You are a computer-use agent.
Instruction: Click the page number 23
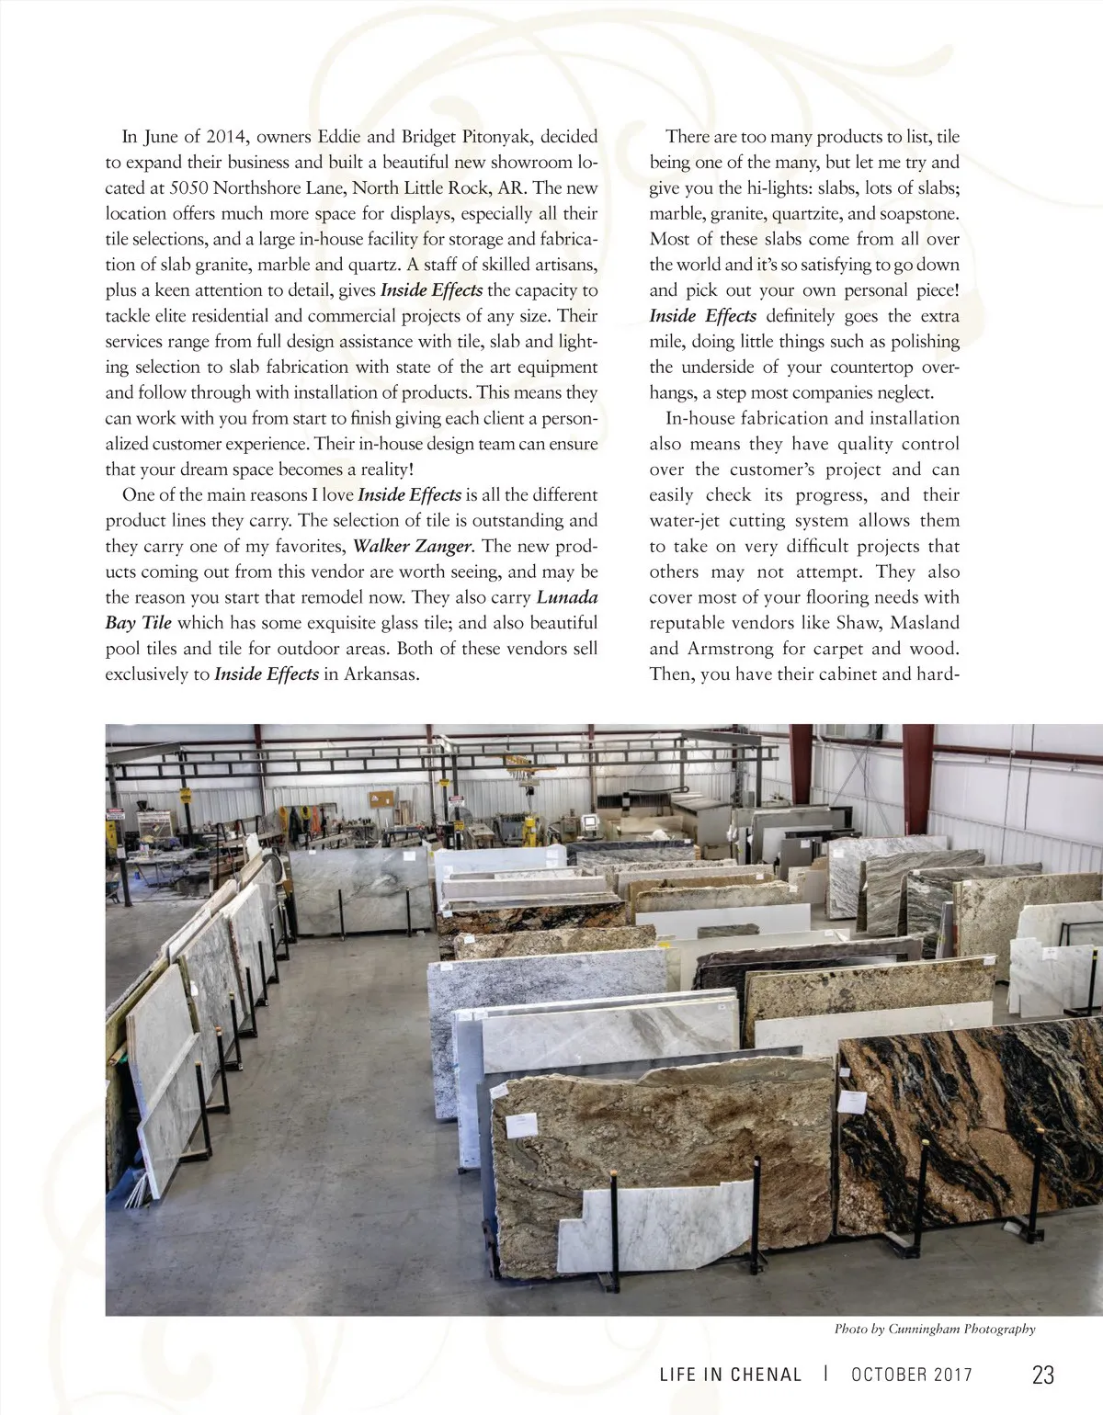(1043, 1375)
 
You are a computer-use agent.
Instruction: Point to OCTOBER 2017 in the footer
(911, 1375)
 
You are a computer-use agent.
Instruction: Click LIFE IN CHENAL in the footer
(731, 1375)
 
